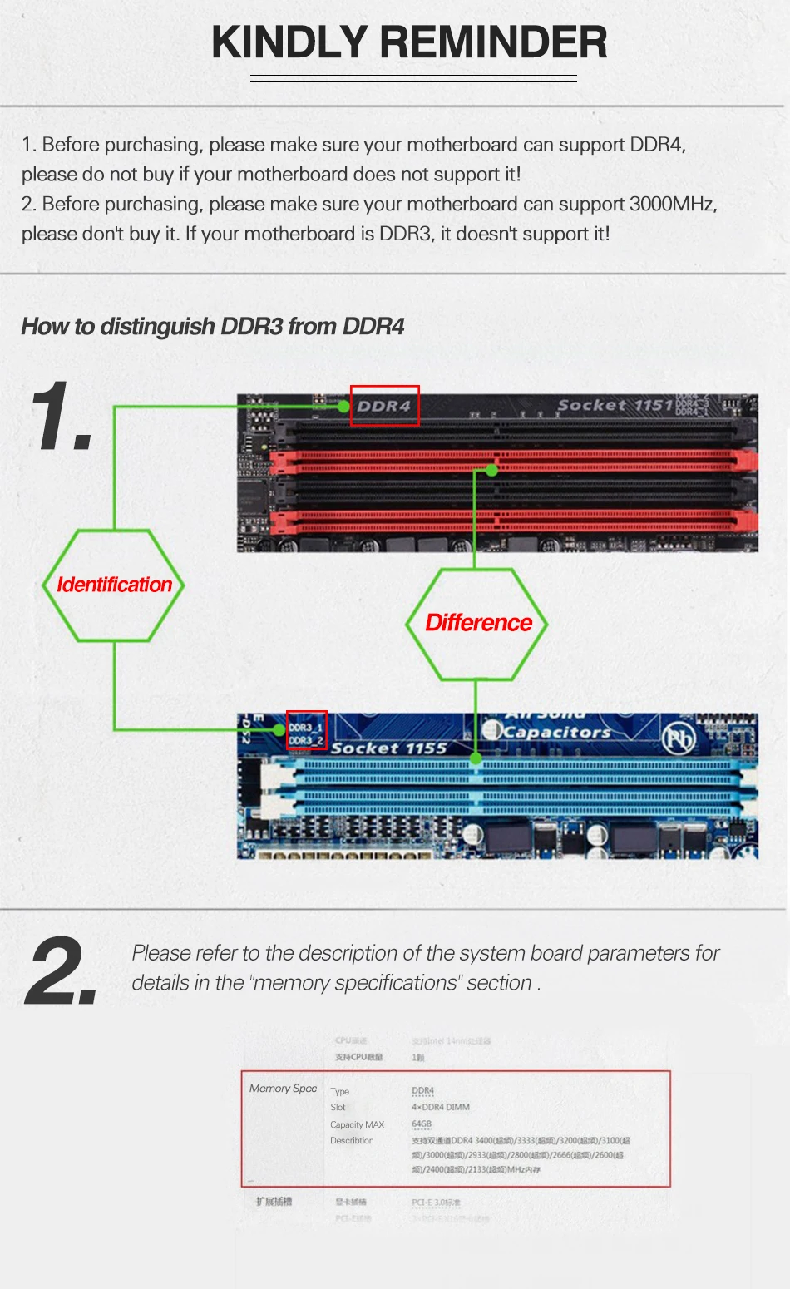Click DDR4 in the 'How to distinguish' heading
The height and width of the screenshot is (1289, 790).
click(x=373, y=327)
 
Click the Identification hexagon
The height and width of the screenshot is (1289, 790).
click(x=114, y=585)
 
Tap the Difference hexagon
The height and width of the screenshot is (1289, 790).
click(x=477, y=624)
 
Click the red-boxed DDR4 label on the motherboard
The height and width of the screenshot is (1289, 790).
click(x=384, y=406)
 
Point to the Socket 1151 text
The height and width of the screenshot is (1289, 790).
click(x=615, y=405)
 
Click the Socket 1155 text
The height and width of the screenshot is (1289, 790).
click(x=388, y=748)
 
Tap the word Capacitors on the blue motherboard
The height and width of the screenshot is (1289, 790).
click(x=556, y=732)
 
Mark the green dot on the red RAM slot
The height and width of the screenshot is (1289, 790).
click(x=491, y=471)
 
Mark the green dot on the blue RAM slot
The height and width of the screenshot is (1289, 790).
click(x=476, y=758)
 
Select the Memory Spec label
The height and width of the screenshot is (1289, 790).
click(x=283, y=1089)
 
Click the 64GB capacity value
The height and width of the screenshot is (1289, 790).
click(x=422, y=1124)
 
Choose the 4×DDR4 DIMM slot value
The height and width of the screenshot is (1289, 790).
click(x=441, y=1108)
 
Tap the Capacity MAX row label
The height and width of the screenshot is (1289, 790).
click(x=357, y=1124)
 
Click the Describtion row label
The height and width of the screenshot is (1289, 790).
click(x=352, y=1141)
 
